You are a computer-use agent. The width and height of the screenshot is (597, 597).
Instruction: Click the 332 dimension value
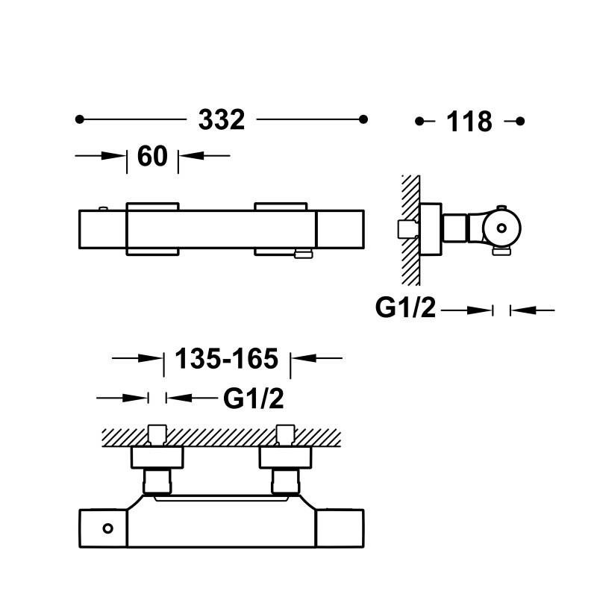222,119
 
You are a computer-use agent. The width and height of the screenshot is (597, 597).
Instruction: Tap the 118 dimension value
469,122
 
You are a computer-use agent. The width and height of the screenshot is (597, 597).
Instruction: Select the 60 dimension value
152,156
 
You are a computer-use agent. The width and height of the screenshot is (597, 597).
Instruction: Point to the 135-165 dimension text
227,359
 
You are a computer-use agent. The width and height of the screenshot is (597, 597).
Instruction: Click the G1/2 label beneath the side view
405,307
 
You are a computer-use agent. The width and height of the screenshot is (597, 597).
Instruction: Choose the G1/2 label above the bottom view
254,398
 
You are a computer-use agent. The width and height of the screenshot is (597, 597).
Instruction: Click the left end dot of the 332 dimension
79,119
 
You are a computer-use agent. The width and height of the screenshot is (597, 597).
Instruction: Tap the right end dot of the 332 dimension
363,119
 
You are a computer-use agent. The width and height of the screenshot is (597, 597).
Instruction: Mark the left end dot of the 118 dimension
419,121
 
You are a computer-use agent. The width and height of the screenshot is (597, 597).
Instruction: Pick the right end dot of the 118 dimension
520,121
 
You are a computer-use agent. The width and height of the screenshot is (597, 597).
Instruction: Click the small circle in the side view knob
501,228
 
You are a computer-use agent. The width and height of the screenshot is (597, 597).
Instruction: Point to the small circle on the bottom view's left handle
107,528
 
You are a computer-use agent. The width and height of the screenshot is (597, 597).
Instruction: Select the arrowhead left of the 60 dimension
114,156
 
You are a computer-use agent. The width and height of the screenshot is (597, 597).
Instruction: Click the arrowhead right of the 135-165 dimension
304,358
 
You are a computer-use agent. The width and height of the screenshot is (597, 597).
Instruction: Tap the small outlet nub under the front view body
304,254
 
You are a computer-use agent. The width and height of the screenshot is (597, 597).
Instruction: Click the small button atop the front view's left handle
103,208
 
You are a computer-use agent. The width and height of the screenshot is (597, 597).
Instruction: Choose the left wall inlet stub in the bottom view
157,435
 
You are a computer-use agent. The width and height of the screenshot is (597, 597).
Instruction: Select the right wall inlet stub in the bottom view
285,435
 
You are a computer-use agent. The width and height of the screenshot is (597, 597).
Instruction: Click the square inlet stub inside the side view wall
407,229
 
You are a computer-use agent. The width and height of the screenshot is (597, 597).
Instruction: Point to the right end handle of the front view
340,229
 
